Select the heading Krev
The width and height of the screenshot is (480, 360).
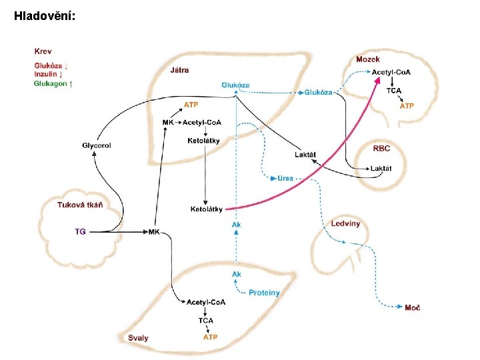tap(43, 51)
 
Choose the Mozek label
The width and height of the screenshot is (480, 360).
tap(368, 60)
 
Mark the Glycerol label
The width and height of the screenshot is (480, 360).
tap(97, 145)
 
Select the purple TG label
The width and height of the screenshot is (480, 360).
tap(80, 231)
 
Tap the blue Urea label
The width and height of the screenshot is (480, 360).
tap(285, 179)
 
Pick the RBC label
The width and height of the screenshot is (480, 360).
tap(382, 148)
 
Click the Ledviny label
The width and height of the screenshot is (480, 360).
tap(345, 223)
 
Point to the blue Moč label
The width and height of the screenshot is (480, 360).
tap(413, 307)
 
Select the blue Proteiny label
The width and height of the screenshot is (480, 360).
tap(264, 293)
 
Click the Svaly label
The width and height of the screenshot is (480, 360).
tap(139, 338)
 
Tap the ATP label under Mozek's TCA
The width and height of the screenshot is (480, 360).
tap(407, 106)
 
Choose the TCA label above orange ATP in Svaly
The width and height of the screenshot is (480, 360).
tap(206, 321)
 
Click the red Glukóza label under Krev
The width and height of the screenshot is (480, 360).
tap(49, 66)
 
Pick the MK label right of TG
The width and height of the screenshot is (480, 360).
tap(154, 231)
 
